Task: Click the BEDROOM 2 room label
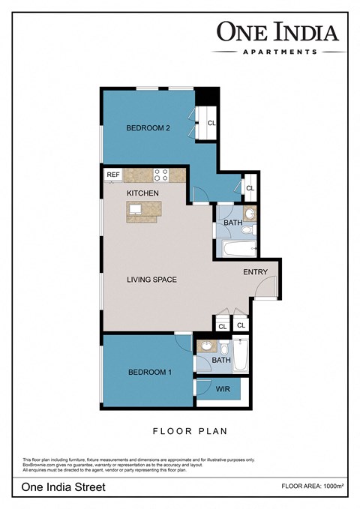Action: [x=148, y=128]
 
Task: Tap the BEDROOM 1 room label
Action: [x=150, y=373]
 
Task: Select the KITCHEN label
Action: [x=142, y=193]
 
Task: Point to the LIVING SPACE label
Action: [x=151, y=280]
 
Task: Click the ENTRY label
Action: [x=254, y=273]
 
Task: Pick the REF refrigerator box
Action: [x=113, y=175]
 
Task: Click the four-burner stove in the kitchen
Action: [x=160, y=175]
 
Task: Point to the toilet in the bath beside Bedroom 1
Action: [x=223, y=349]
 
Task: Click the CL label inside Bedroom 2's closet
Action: [x=211, y=123]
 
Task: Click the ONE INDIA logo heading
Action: [x=278, y=31]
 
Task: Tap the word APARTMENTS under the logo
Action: [x=278, y=52]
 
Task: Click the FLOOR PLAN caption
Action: [x=190, y=431]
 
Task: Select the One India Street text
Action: [x=64, y=487]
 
